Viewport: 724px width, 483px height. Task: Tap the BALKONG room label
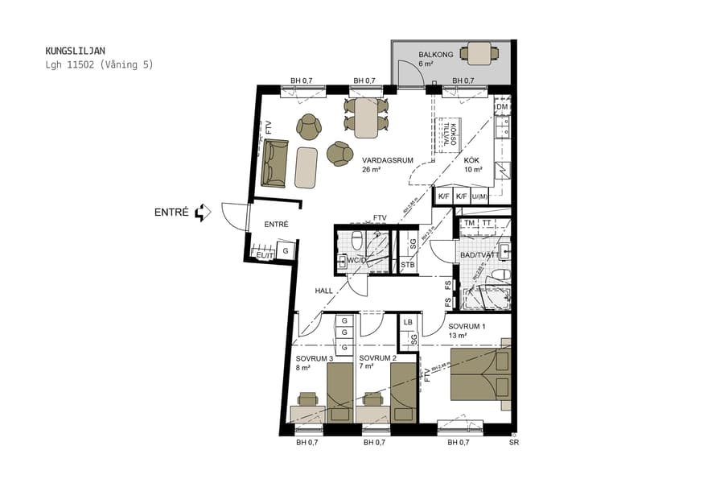click(436, 55)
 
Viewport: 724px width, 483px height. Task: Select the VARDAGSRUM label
click(387, 160)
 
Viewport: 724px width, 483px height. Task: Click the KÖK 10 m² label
click(473, 165)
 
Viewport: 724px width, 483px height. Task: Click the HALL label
click(323, 291)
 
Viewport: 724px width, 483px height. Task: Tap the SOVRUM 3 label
click(314, 358)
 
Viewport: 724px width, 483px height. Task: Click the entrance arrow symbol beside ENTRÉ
click(203, 213)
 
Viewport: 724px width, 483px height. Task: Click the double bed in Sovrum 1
click(480, 375)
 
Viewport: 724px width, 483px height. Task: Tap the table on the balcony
click(479, 54)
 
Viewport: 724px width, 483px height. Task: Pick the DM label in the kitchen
click(501, 107)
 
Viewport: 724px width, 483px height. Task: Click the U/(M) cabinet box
click(480, 196)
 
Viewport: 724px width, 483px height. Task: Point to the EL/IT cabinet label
click(263, 254)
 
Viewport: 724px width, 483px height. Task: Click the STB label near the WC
click(407, 264)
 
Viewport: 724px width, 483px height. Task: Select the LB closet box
click(408, 322)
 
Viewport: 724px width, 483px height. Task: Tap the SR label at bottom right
click(514, 442)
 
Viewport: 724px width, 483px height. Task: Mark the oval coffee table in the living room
click(306, 167)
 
